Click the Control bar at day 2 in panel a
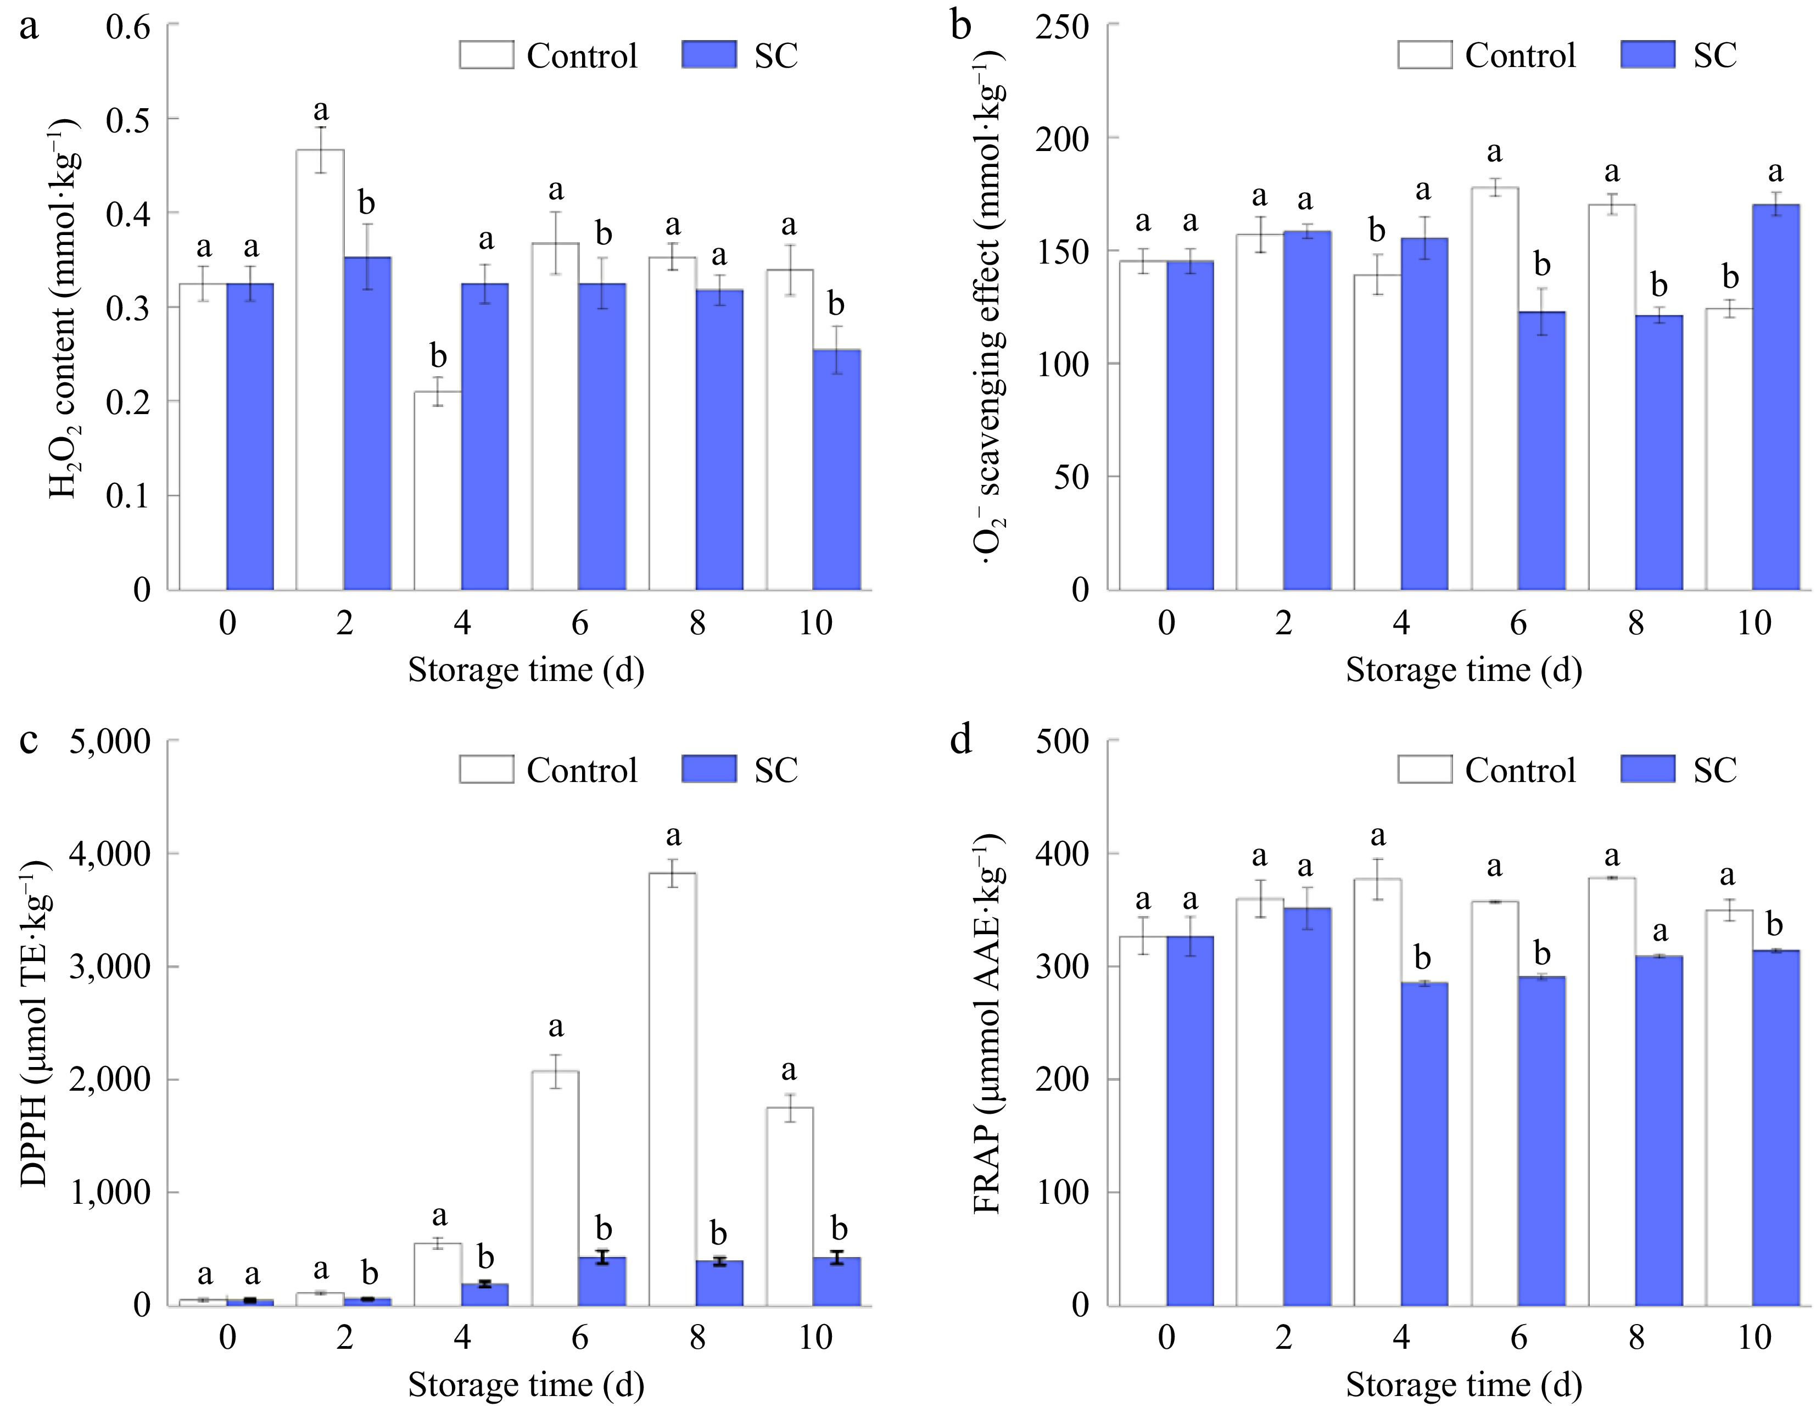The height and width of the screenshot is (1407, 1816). click(x=320, y=370)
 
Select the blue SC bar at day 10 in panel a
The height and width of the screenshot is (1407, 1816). click(x=836, y=470)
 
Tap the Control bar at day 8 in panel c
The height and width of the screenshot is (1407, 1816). click(x=673, y=1090)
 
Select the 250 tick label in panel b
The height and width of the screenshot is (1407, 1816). click(x=1063, y=26)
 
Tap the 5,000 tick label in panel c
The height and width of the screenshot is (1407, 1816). click(x=110, y=741)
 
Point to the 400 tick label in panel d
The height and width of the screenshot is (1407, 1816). click(x=1063, y=854)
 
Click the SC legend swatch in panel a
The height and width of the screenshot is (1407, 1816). click(x=708, y=55)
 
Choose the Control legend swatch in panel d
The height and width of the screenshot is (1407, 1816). click(x=1424, y=769)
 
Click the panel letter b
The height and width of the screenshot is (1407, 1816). click(x=960, y=26)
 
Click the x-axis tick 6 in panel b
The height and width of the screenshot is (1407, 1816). click(x=1518, y=623)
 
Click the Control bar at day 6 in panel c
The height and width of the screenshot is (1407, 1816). click(x=555, y=1188)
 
